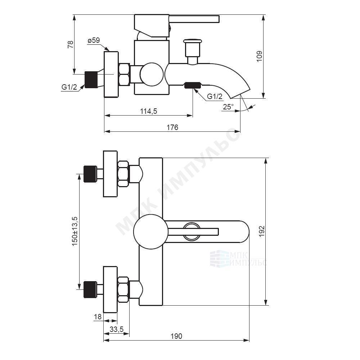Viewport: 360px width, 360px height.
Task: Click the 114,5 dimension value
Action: [x=149, y=111]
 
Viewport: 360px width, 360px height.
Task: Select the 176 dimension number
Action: [x=172, y=127]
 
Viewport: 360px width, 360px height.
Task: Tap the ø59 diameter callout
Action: [x=94, y=40]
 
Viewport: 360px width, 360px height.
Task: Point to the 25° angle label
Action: [x=228, y=107]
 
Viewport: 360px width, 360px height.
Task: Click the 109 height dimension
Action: [x=259, y=56]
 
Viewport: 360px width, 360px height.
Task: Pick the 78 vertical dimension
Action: [x=71, y=44]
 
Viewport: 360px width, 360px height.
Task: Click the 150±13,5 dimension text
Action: [x=75, y=231]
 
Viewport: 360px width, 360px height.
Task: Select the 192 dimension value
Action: [x=262, y=231]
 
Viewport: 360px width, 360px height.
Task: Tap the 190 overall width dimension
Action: [x=176, y=336]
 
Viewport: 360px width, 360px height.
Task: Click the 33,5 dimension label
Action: [x=117, y=329]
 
